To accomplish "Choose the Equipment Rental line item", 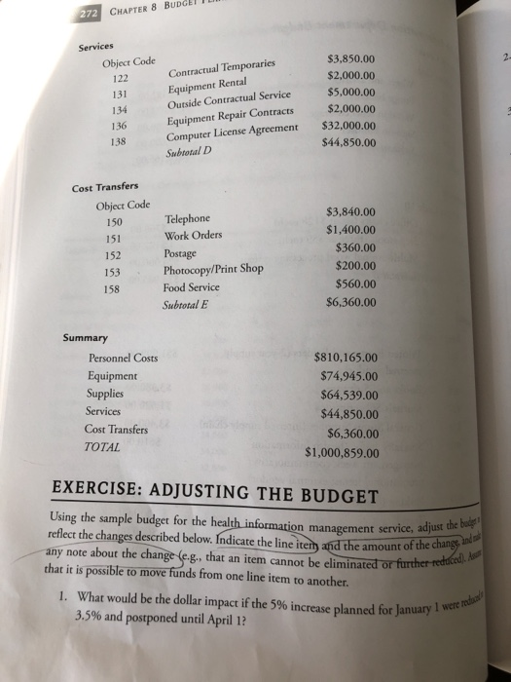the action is click(211, 83).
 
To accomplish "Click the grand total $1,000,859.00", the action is click(350, 452).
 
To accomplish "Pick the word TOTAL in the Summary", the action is click(104, 447).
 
